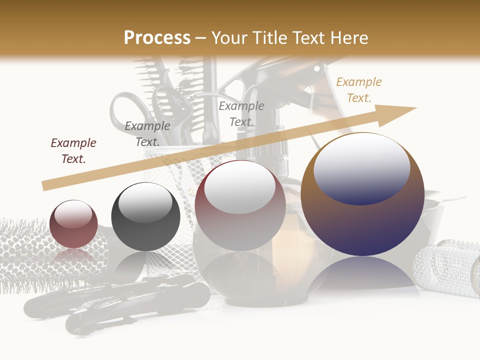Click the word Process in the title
[x=157, y=38]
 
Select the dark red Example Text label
[x=73, y=151]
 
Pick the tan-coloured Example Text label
[x=358, y=90]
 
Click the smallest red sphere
[x=73, y=224]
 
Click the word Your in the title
[x=229, y=38]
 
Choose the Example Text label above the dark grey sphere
[x=147, y=134]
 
